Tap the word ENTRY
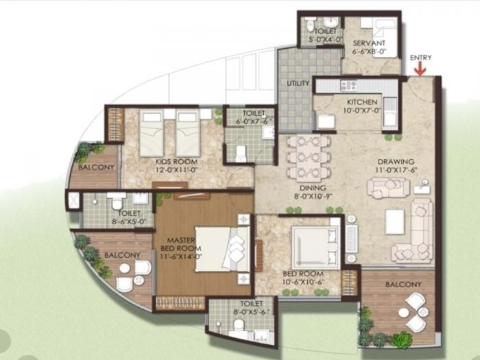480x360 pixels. click(x=420, y=58)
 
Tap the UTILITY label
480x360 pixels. click(x=298, y=84)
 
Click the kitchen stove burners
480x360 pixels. click(x=349, y=86)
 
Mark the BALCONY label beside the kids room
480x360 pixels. click(x=91, y=167)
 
